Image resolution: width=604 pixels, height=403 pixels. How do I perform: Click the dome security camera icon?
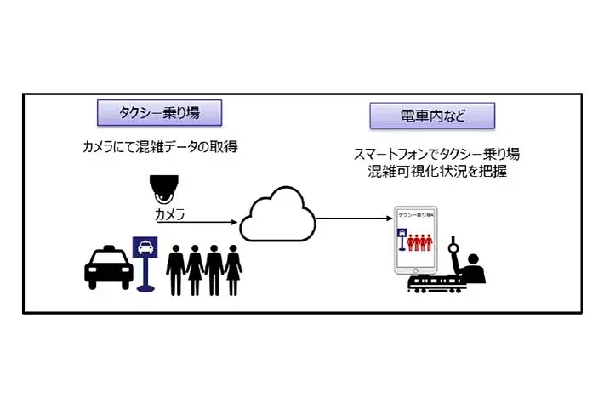pos(163,188)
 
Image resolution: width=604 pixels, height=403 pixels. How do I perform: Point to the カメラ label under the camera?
pos(168,213)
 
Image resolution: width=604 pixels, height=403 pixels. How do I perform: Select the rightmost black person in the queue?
pos(233,269)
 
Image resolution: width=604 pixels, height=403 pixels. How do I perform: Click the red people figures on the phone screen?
pos(419,242)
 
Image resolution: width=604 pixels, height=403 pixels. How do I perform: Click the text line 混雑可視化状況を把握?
pos(431,171)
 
